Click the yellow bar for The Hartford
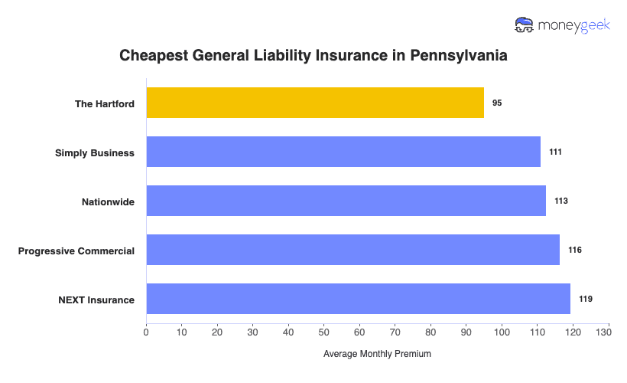[x=315, y=103]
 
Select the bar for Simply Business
[x=343, y=152]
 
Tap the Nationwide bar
[x=346, y=201]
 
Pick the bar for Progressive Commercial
[x=352, y=250]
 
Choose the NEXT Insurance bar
[x=358, y=299]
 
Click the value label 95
[x=497, y=103]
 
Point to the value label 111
[x=555, y=152]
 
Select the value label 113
[x=561, y=201]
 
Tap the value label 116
[x=575, y=250]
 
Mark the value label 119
[x=586, y=299]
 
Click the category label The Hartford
[x=104, y=103]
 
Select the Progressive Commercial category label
[x=76, y=250]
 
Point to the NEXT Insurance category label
[x=96, y=300]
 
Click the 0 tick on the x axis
[x=146, y=332]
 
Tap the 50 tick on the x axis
[x=323, y=332]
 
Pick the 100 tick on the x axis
[x=502, y=332]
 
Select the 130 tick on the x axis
[x=609, y=332]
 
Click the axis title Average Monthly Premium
[x=377, y=354]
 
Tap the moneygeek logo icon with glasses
[x=525, y=25]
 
